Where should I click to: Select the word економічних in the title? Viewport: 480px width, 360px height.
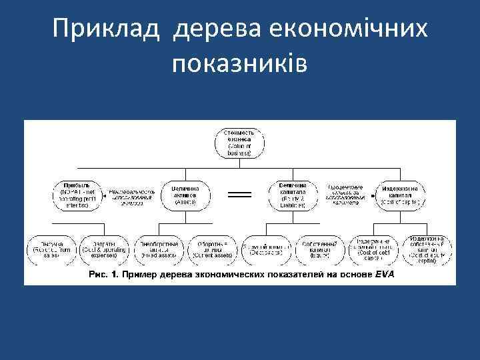click(x=358, y=29)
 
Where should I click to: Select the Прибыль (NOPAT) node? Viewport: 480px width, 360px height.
click(x=75, y=194)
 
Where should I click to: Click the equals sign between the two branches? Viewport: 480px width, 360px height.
click(x=239, y=194)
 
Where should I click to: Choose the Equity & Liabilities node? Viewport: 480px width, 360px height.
click(x=293, y=194)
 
